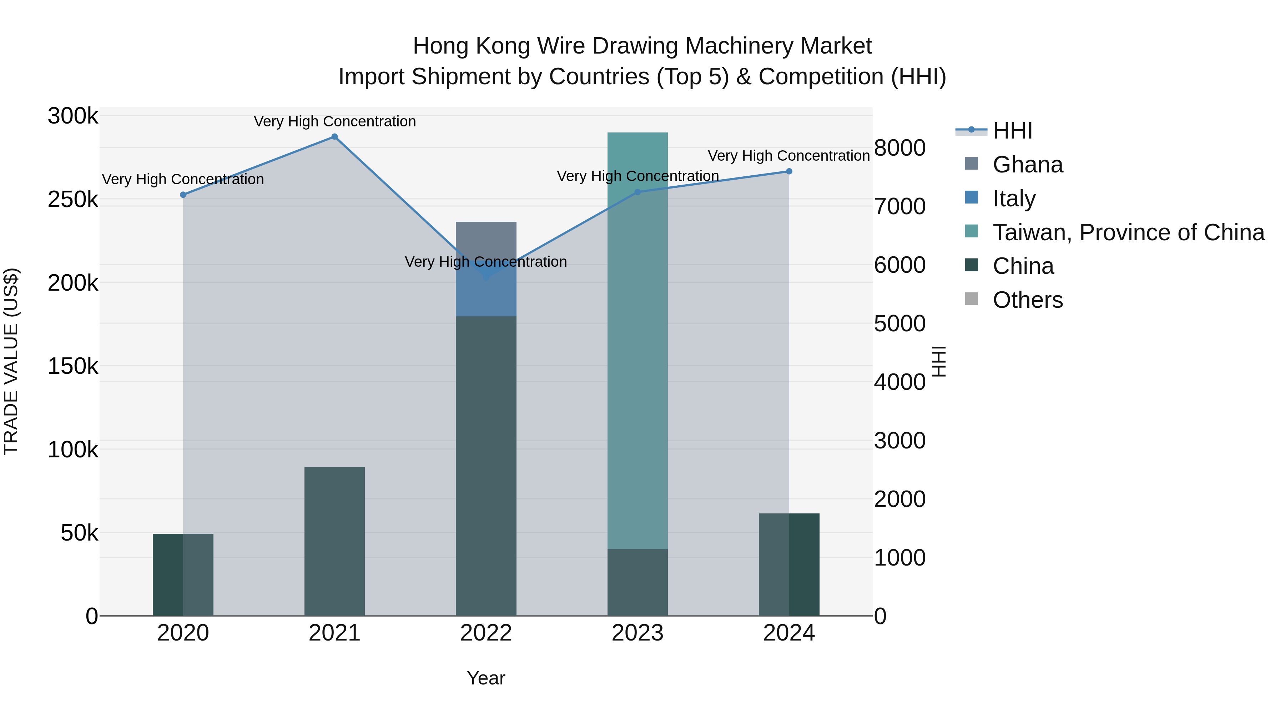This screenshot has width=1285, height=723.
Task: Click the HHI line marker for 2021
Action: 335,137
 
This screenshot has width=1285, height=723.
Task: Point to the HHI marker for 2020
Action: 183,195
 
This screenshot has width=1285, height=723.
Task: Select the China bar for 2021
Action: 335,541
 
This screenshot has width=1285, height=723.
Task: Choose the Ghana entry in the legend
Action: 1028,165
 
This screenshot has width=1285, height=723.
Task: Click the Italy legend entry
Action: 1014,199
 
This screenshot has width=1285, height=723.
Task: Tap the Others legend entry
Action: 1028,300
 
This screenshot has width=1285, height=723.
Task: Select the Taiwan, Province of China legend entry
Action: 1128,232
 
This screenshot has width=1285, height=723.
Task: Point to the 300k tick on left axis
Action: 73,116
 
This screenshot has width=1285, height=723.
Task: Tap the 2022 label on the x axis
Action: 486,633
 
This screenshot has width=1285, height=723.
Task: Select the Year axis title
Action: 486,678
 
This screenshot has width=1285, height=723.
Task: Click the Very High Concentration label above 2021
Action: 335,121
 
